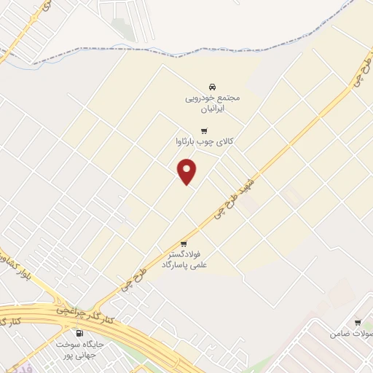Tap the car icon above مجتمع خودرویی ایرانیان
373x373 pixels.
tap(212, 84)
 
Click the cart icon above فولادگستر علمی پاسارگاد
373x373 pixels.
tap(184, 243)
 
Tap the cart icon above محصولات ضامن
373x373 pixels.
tap(358, 323)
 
